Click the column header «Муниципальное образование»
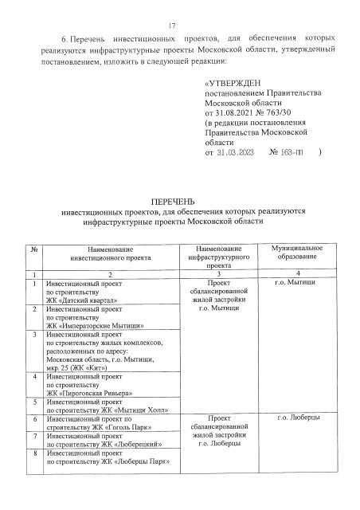[x=296, y=254]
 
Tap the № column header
[x=35, y=249]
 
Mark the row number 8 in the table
[x=35, y=452]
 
